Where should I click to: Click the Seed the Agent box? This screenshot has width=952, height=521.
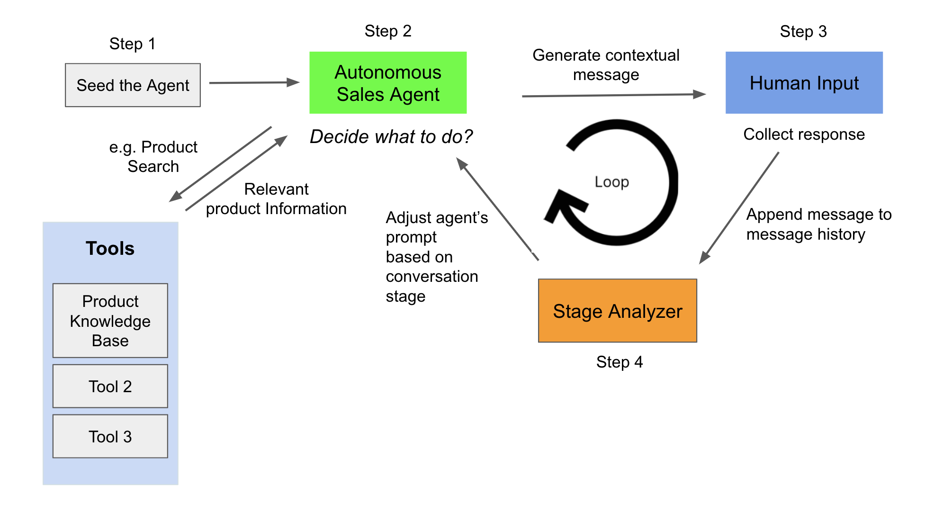(133, 85)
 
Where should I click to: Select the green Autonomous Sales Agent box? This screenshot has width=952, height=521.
(388, 83)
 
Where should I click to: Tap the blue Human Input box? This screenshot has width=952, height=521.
(804, 83)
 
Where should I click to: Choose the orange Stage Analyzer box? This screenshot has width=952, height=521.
(617, 311)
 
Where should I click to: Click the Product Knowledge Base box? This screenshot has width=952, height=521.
(110, 321)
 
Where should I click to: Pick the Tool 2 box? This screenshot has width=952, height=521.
(110, 386)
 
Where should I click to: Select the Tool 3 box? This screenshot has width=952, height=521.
(110, 436)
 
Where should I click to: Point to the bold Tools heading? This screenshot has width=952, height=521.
(110, 248)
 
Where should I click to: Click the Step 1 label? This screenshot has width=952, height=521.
(132, 44)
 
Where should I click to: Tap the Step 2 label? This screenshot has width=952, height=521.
(388, 31)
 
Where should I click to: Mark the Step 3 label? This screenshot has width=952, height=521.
(803, 31)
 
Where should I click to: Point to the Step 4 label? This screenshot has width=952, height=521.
(620, 362)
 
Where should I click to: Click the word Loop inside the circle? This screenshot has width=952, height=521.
(611, 181)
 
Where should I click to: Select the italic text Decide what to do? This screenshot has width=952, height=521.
(391, 136)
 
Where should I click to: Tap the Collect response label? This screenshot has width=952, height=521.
(804, 134)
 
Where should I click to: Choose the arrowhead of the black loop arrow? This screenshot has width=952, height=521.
(564, 204)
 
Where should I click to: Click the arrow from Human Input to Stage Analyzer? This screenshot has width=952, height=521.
(739, 208)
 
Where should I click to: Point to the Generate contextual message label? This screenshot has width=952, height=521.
(606, 65)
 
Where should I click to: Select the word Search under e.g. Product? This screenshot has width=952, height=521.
(153, 166)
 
